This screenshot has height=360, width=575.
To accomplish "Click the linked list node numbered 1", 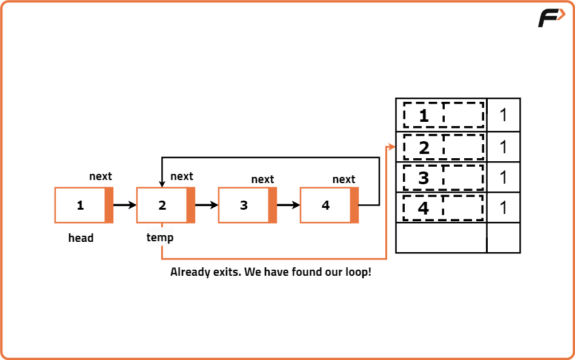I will pyautogui.click(x=84, y=205).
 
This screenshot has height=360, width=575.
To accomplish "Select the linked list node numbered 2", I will pyautogui.click(x=165, y=205).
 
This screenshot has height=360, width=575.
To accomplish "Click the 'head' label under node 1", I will pyautogui.click(x=81, y=238).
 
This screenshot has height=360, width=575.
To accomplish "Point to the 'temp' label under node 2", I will pyautogui.click(x=160, y=238).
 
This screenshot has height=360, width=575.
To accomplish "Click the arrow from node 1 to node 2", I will pyautogui.click(x=125, y=205).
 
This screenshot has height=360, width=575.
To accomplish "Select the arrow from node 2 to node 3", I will pyautogui.click(x=207, y=205).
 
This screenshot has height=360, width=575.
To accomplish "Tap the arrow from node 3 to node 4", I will pyautogui.click(x=288, y=205).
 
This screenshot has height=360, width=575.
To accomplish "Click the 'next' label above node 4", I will pyautogui.click(x=344, y=179).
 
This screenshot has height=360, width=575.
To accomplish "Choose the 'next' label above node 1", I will pyautogui.click(x=101, y=176).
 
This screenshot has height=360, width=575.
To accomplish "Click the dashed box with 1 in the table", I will pyautogui.click(x=444, y=115).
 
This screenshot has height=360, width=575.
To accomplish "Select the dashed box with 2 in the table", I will pyautogui.click(x=444, y=147).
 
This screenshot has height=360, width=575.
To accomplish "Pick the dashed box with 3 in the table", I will pyautogui.click(x=444, y=177).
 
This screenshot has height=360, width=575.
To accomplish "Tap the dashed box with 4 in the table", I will pyautogui.click(x=444, y=207).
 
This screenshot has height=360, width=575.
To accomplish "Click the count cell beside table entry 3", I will pyautogui.click(x=504, y=177).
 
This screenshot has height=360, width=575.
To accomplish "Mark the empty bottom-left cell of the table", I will pyautogui.click(x=441, y=238).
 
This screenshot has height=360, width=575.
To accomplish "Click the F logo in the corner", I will pyautogui.click(x=550, y=18).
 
